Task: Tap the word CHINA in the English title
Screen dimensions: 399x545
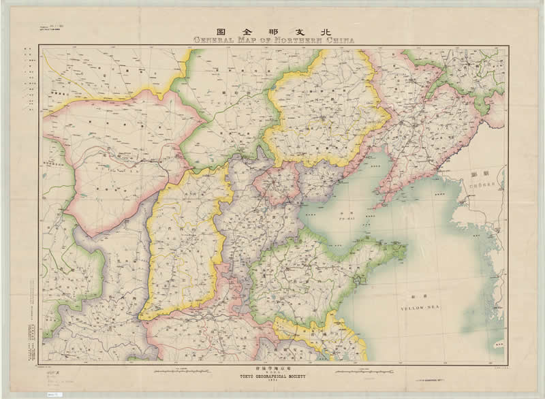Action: pos(340,40)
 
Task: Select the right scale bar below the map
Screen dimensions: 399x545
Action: pos(368,372)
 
